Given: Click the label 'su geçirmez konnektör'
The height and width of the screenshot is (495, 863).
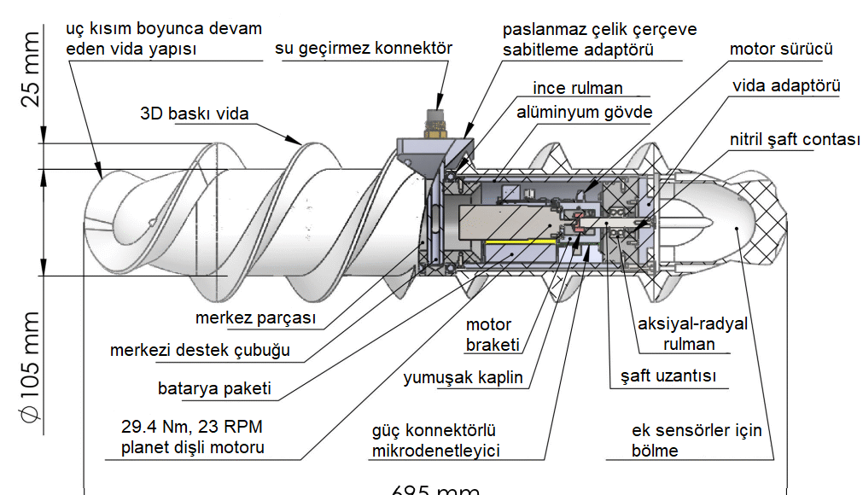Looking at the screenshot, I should [x=363, y=49].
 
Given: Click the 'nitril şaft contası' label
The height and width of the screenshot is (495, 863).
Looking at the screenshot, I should [x=794, y=140].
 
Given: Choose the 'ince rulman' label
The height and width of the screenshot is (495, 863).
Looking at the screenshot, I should [x=578, y=88].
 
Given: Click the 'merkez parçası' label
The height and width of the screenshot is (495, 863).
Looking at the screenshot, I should [x=255, y=318].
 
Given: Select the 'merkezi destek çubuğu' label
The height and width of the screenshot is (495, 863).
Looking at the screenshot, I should [x=200, y=350].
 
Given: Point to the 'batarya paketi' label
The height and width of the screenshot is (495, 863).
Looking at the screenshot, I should [x=214, y=388].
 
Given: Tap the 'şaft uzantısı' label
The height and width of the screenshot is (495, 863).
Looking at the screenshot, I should [x=668, y=376].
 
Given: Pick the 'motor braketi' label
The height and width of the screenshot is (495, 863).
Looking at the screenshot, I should [x=489, y=335].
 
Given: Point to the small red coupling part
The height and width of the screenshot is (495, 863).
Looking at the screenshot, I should [x=579, y=225].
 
